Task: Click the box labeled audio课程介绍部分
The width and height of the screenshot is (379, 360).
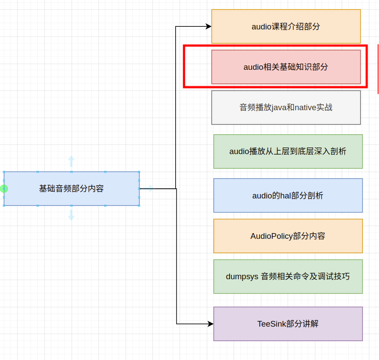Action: (286, 26)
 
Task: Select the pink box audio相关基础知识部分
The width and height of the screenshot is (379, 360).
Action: (286, 67)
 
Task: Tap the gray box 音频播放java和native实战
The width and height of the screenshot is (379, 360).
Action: (286, 108)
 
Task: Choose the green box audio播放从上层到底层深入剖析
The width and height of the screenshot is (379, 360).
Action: (288, 151)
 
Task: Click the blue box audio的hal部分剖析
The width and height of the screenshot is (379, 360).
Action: (288, 195)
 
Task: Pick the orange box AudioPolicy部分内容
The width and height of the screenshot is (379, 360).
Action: (288, 236)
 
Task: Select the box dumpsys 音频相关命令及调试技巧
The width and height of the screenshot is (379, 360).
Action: (288, 277)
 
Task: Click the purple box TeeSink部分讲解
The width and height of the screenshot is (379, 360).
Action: (288, 324)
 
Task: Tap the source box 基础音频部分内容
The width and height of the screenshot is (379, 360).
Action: (72, 188)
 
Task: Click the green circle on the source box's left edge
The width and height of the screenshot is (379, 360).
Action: (4, 189)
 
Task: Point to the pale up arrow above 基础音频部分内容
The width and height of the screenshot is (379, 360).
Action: (71, 161)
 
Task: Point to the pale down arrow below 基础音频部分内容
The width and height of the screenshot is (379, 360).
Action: (71, 215)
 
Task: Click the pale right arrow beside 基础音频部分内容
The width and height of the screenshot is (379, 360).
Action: (149, 189)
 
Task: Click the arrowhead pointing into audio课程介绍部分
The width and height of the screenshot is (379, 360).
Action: (209, 26)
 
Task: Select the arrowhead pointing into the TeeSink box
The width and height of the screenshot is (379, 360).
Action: (211, 324)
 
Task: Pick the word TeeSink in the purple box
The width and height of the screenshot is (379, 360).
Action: (271, 324)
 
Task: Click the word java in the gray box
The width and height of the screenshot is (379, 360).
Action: (279, 108)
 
